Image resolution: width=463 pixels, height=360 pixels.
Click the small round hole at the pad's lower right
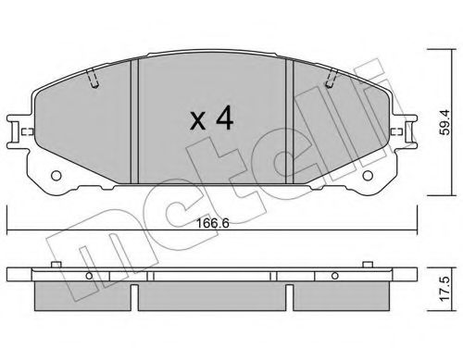[x=371, y=176]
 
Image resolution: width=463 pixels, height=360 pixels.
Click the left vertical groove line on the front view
[x=136, y=120]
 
